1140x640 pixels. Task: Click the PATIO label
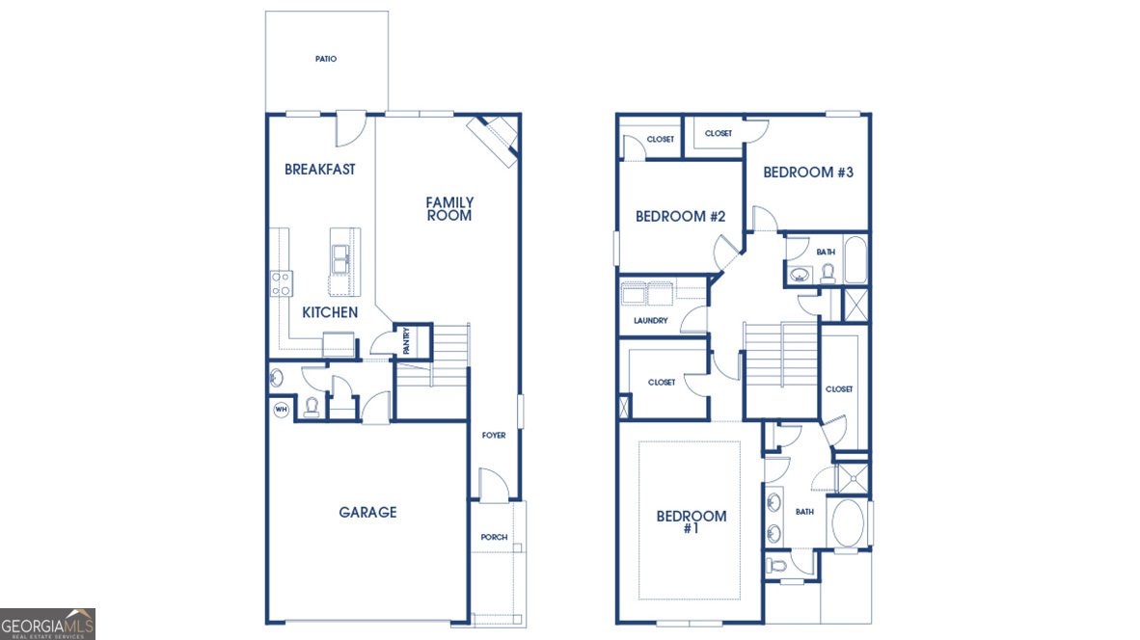point(326,59)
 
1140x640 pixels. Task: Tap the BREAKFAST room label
point(320,170)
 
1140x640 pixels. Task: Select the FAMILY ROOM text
point(449,208)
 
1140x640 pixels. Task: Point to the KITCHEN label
point(330,312)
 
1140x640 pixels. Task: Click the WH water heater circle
point(282,410)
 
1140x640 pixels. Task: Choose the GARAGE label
point(367,512)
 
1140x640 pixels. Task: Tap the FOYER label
point(494,435)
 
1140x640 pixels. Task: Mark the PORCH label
point(494,537)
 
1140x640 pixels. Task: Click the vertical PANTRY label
point(406,340)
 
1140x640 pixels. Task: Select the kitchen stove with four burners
point(282,283)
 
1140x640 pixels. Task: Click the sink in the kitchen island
point(340,259)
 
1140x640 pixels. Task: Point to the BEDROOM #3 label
point(808,173)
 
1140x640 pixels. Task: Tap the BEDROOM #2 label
point(681,217)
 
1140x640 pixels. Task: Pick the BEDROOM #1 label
point(692,521)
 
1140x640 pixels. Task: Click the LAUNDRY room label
point(651,320)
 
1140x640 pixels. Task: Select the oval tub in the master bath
point(847,523)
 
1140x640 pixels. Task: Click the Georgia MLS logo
point(47,624)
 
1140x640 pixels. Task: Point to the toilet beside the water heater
point(312,407)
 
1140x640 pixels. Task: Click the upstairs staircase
point(781,350)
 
